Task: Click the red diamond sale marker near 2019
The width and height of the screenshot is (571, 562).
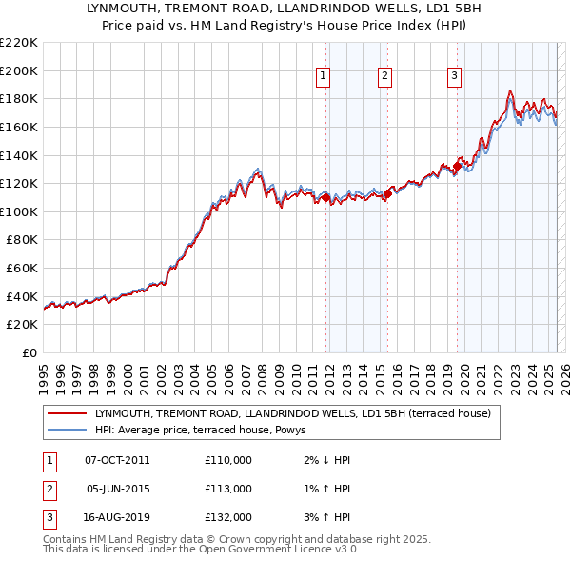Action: click(x=457, y=167)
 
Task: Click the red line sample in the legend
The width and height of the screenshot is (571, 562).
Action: click(x=66, y=413)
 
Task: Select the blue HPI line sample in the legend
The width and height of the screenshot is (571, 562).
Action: click(x=66, y=430)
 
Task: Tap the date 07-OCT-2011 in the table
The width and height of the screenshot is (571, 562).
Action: click(x=117, y=460)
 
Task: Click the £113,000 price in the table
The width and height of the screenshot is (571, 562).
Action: click(x=228, y=489)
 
